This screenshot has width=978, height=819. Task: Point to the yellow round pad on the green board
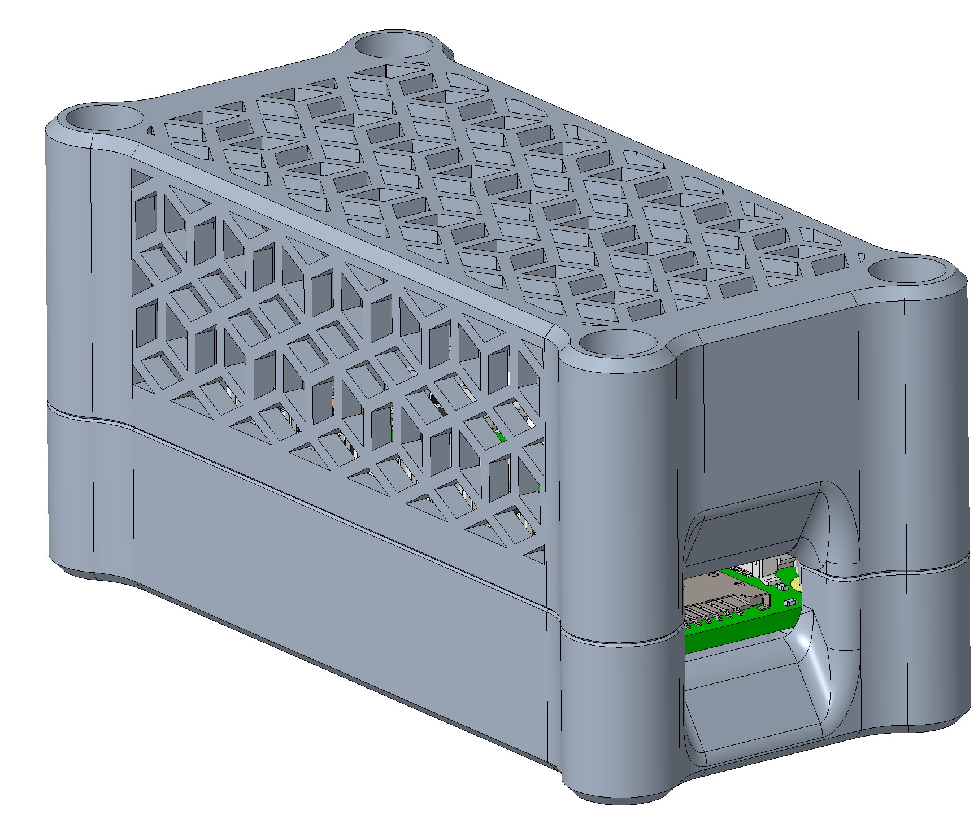[796, 583]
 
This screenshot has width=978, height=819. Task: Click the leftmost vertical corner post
[90, 339]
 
